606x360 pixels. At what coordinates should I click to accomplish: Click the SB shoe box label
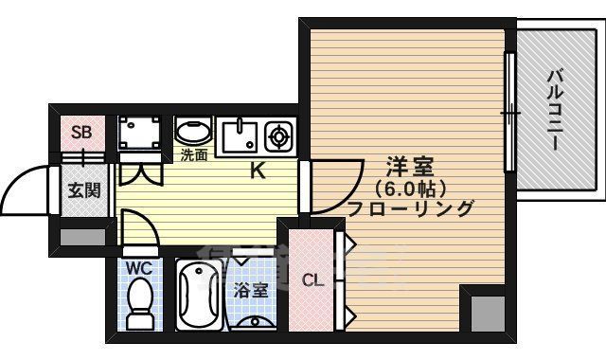click(x=81, y=132)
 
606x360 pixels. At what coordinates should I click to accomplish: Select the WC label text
click(x=140, y=267)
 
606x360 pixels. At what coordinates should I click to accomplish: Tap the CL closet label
click(x=312, y=279)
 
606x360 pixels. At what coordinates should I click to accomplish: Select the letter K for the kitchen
click(x=257, y=171)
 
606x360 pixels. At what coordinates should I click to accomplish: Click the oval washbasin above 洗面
click(x=194, y=131)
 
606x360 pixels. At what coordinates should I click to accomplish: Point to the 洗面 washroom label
click(x=194, y=155)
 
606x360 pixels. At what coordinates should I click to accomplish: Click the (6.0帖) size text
click(x=410, y=188)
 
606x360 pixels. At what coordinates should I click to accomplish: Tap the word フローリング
click(x=410, y=208)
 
